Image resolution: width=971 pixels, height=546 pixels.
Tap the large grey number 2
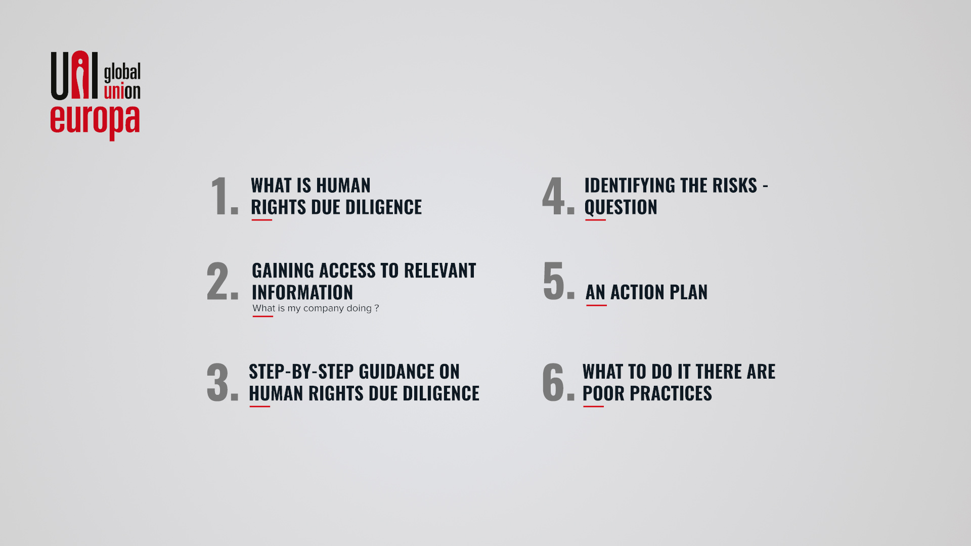[218, 281]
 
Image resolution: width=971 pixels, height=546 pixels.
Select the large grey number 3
[218, 382]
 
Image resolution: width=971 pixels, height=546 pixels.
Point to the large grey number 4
[553, 196]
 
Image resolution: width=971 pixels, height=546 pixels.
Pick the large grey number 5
[553, 281]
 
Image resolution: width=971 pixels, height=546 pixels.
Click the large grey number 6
[553, 382]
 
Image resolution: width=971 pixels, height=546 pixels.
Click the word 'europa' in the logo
[95, 122]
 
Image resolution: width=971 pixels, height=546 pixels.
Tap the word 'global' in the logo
[122, 72]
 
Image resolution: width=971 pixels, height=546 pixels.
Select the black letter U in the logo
[60, 76]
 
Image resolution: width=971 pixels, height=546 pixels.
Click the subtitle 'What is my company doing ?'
[316, 308]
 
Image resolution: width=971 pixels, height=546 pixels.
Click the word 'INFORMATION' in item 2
[302, 293]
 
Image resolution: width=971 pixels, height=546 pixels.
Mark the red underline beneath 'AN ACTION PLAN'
[596, 305]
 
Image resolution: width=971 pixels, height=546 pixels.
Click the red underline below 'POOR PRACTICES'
[594, 406]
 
